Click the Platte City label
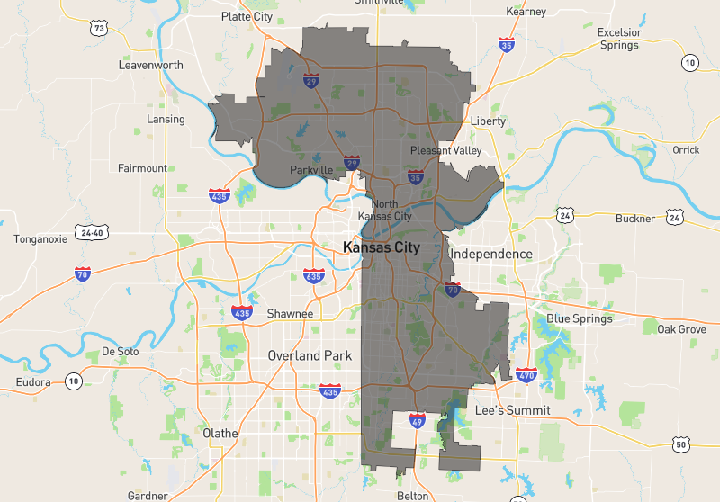tap(247, 16)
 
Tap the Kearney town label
tap(526, 12)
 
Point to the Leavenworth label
tap(150, 66)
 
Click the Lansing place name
tap(165, 119)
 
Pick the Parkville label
tap(311, 170)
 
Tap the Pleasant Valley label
tap(445, 150)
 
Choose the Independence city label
tap(490, 254)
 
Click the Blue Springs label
tap(580, 318)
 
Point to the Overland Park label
tap(310, 355)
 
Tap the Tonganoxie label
tap(41, 239)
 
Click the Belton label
tap(413, 496)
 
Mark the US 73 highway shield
tap(100, 29)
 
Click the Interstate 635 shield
tap(314, 275)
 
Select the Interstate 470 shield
tap(526, 373)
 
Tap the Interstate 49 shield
tap(417, 420)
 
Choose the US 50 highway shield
tap(681, 444)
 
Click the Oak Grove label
tap(681, 329)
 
